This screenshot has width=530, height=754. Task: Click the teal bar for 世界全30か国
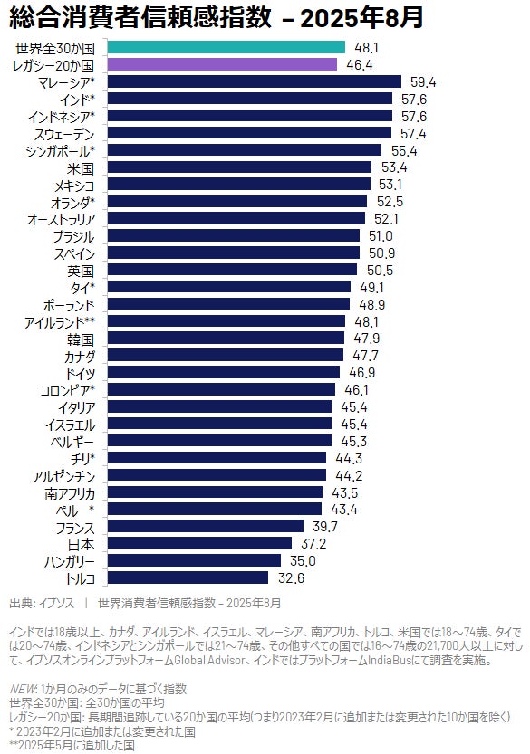pyautogui.click(x=226, y=47)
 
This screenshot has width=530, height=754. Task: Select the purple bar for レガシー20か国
pyautogui.click(x=222, y=64)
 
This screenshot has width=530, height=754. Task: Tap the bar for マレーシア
pyautogui.click(x=255, y=81)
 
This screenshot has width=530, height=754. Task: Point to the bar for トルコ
pyautogui.click(x=188, y=577)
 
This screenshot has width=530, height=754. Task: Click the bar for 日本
pyautogui.click(x=199, y=543)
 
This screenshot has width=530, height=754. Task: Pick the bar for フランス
pyautogui.click(x=206, y=526)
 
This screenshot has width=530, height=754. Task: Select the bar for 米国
pyautogui.click(x=239, y=167)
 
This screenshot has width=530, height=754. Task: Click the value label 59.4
pyautogui.click(x=423, y=82)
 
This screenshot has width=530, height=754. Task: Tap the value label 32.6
pyautogui.click(x=291, y=578)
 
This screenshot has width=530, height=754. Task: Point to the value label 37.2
pyautogui.click(x=313, y=544)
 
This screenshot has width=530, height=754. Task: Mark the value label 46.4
pyautogui.click(x=360, y=65)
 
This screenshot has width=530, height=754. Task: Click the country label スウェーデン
pyautogui.click(x=64, y=134)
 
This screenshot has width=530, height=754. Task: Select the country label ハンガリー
pyautogui.click(x=70, y=561)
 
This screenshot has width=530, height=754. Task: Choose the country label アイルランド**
pyautogui.click(x=60, y=322)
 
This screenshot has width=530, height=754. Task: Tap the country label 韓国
pyautogui.click(x=81, y=339)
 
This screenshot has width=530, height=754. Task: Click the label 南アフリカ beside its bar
pyautogui.click(x=70, y=493)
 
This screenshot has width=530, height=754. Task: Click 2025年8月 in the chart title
pyautogui.click(x=361, y=18)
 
